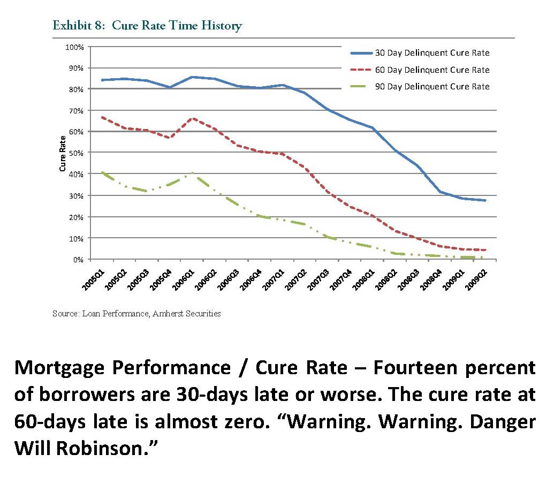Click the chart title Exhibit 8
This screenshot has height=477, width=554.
tap(147, 26)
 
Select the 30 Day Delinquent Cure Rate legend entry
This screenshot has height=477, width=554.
tap(420, 53)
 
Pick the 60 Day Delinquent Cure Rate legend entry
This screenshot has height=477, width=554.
tap(420, 70)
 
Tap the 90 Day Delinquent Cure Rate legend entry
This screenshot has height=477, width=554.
tap(420, 86)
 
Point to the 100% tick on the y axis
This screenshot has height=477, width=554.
tap(74, 47)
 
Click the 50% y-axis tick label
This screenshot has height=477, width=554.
tap(76, 153)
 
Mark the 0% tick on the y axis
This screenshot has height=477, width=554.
tap(78, 260)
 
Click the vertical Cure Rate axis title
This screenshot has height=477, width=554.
tap(62, 153)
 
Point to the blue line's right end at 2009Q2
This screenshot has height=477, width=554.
tap(485, 200)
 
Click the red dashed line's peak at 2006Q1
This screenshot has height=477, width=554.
tap(193, 118)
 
